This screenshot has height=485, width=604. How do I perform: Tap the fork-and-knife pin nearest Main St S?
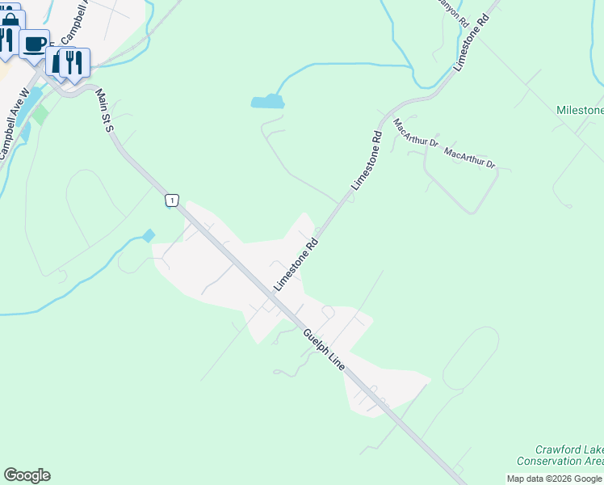tap(74, 61)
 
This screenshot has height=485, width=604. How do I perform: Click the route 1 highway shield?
tap(171, 200)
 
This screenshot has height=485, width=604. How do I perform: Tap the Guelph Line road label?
tap(325, 349)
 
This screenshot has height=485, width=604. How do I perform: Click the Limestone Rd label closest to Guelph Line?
tap(296, 265)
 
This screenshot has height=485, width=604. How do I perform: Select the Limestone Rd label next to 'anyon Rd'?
tap(472, 42)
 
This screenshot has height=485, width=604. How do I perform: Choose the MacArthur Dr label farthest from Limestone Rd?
tap(469, 158)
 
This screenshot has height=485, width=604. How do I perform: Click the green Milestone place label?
tap(580, 110)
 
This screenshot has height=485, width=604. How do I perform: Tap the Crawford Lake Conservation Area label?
tap(569, 455)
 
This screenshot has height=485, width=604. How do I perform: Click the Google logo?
tap(27, 475)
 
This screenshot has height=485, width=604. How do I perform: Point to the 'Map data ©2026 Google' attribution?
tap(555, 479)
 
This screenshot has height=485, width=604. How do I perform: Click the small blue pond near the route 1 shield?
tap(148, 236)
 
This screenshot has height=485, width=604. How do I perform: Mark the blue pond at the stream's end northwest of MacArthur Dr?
tap(267, 102)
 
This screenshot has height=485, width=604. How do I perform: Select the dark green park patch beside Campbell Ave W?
tap(40, 114)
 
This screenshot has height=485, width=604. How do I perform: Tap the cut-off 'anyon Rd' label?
tap(452, 11)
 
